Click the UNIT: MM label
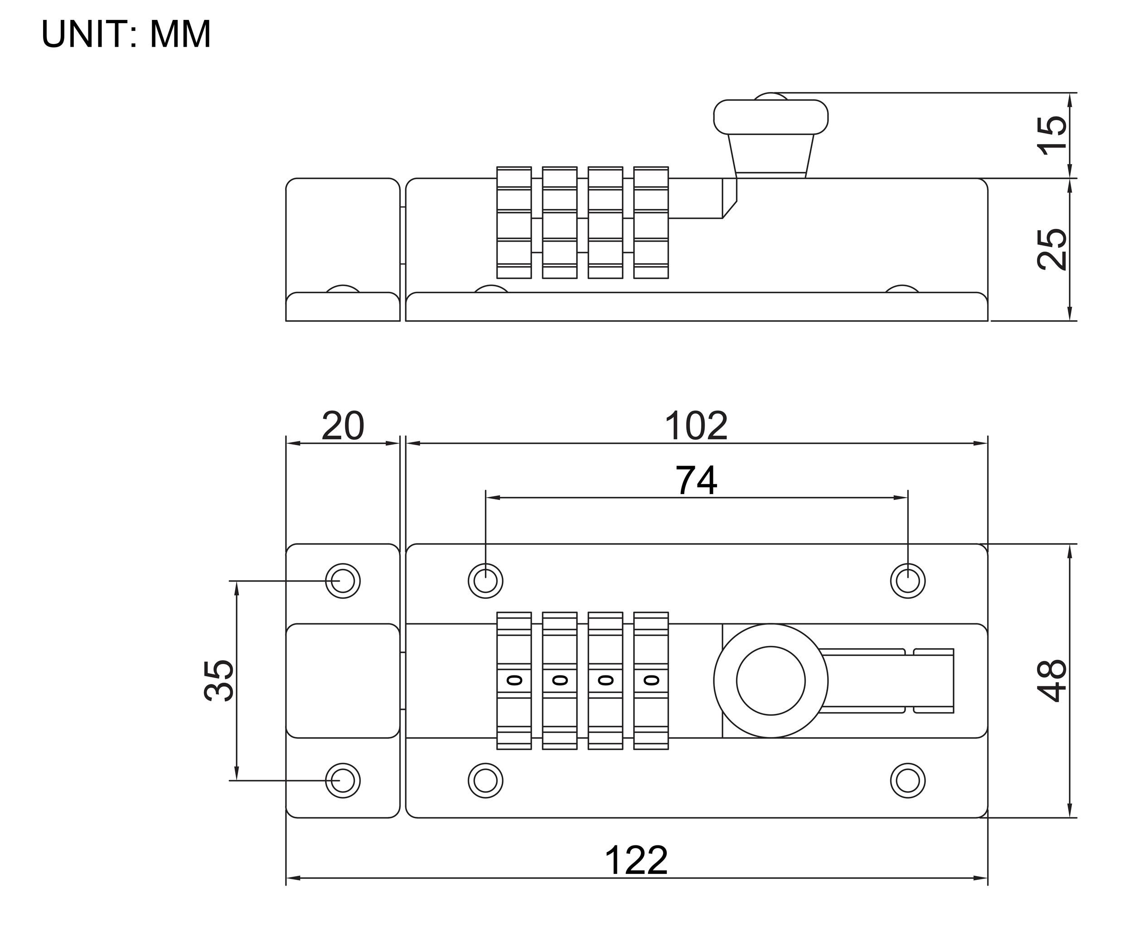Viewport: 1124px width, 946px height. click(x=126, y=34)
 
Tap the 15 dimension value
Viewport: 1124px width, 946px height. click(x=1052, y=135)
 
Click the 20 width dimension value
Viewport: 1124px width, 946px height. click(x=343, y=427)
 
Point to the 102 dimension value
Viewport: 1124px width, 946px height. click(x=696, y=427)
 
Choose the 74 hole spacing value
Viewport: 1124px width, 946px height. click(x=696, y=481)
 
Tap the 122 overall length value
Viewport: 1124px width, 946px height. click(x=636, y=861)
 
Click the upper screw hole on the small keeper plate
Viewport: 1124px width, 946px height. click(x=343, y=581)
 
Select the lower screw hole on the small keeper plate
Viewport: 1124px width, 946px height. click(x=343, y=780)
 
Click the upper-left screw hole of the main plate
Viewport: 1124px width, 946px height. click(x=485, y=581)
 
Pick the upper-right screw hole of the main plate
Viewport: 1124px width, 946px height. click(x=908, y=581)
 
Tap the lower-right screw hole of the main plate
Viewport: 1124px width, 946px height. click(x=908, y=780)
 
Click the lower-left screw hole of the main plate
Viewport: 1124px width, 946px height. click(x=485, y=780)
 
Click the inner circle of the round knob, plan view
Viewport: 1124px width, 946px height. click(x=770, y=680)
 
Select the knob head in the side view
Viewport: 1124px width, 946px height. click(x=770, y=117)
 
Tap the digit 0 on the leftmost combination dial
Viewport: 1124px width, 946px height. click(x=514, y=680)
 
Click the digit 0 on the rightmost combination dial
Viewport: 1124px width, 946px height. click(x=651, y=680)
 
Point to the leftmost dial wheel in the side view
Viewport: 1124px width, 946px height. click(x=514, y=223)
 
